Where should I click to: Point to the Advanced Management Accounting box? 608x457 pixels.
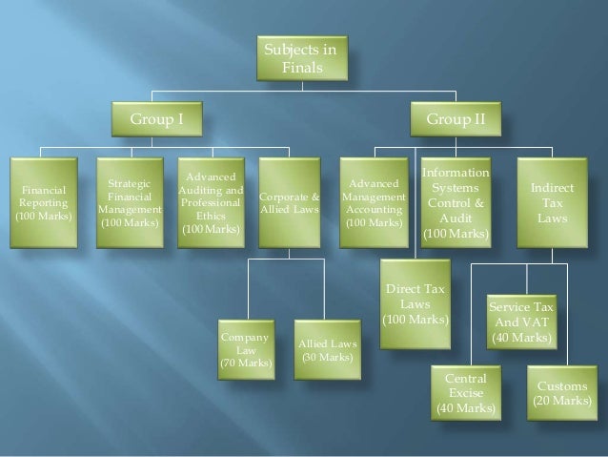click(375, 201)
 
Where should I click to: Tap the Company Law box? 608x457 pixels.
click(245, 350)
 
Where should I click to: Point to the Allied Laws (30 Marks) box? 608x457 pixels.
click(327, 350)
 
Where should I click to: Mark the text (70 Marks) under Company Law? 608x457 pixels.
click(245, 364)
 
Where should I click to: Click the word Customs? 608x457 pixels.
click(562, 386)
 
